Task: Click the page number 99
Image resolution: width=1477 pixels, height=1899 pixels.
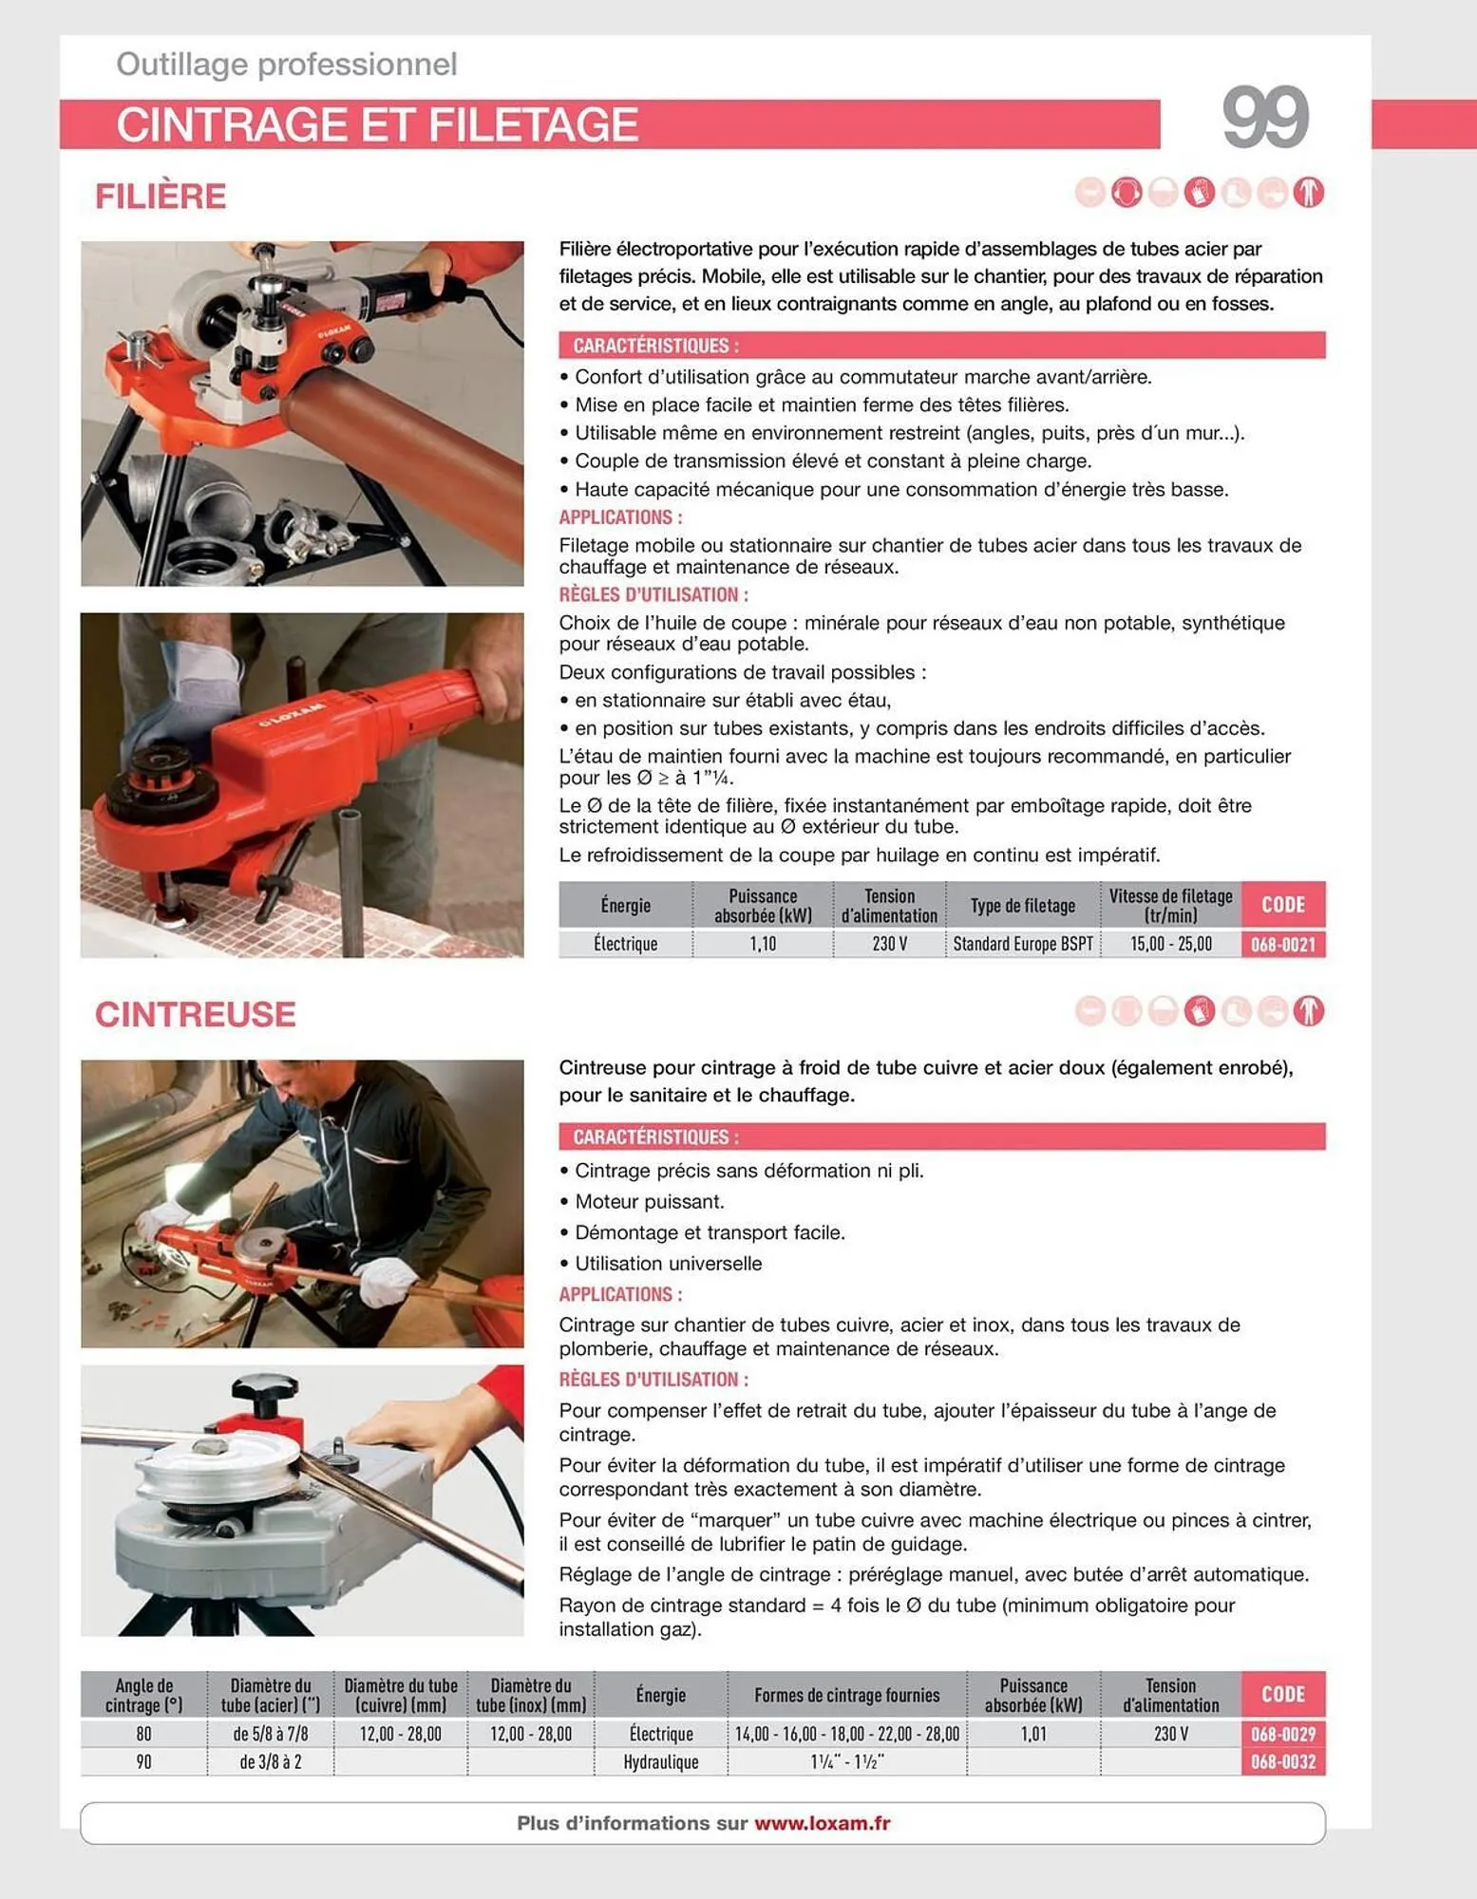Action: point(1264,118)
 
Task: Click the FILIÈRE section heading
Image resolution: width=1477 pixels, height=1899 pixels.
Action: point(161,197)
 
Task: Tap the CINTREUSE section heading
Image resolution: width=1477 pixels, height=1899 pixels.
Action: point(195,1014)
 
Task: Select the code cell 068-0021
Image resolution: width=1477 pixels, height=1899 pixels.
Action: point(1282,944)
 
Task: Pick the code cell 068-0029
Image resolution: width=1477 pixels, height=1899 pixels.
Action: point(1282,1734)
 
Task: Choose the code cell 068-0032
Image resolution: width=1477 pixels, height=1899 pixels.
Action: point(1282,1762)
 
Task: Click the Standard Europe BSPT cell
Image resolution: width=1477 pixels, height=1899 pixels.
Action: point(1022,944)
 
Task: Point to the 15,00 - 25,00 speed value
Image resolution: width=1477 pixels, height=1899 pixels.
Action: point(1170,944)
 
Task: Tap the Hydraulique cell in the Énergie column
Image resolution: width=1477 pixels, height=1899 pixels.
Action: point(660,1762)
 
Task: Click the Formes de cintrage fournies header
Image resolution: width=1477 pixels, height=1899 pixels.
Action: point(846,1695)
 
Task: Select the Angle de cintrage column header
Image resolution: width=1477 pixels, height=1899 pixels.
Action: point(143,1695)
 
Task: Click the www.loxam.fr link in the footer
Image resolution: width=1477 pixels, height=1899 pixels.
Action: point(822,1823)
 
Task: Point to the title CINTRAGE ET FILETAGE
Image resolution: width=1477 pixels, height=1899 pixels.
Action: point(377,125)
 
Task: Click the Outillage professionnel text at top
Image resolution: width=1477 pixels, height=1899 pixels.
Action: point(286,65)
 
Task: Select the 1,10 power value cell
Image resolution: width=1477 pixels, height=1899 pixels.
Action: point(762,944)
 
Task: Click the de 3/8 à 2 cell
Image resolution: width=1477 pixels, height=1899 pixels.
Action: point(270,1762)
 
